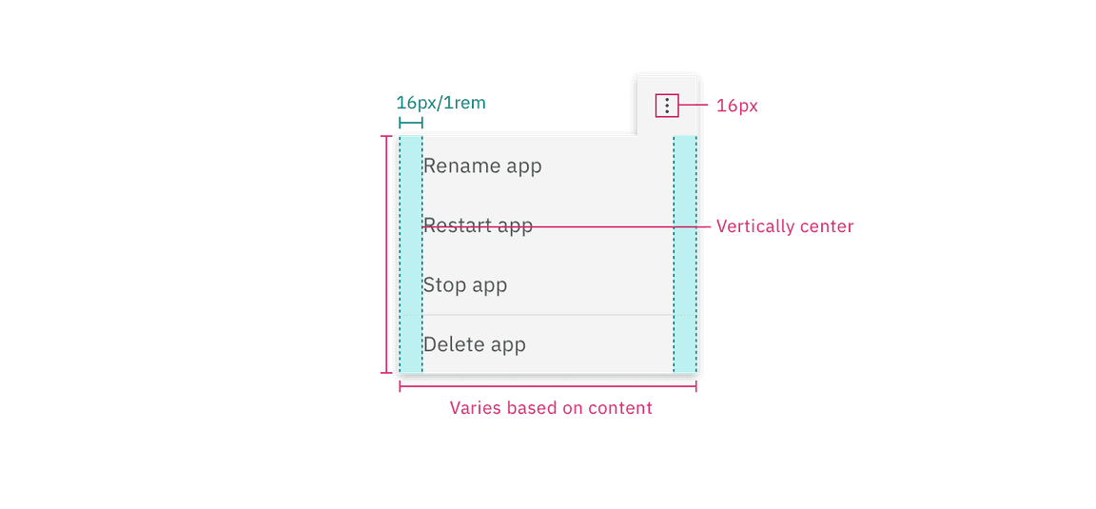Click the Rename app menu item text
coord(482,166)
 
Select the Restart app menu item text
coord(478,226)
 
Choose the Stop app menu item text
coord(465,285)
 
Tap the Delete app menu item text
coord(475,344)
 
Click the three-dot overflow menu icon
coord(668,106)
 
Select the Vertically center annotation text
coord(785,226)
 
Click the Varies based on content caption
coord(552,408)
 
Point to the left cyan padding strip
coord(410,255)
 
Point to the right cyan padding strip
coord(685,255)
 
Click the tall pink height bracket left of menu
coord(386,255)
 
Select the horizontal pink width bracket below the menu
coord(549,386)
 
